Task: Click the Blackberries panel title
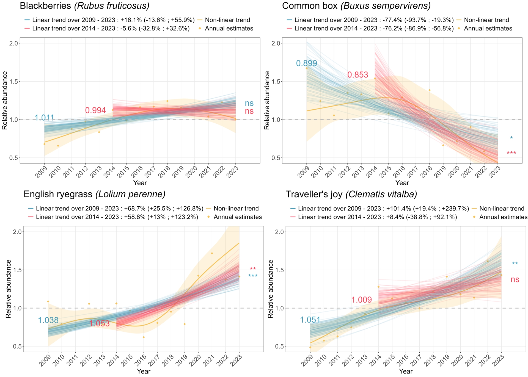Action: (x=84, y=6)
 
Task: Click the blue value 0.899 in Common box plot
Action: (x=306, y=63)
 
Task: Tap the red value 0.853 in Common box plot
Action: (x=358, y=75)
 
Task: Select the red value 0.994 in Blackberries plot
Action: (x=95, y=110)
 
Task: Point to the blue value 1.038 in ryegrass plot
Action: (x=48, y=320)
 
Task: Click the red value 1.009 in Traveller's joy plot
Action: (x=361, y=300)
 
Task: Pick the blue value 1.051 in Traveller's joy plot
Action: (x=310, y=320)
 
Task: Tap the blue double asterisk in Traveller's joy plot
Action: (x=515, y=264)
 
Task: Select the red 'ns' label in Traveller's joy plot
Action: (x=515, y=280)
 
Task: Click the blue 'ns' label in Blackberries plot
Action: (x=249, y=103)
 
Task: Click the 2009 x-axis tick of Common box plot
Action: (x=304, y=172)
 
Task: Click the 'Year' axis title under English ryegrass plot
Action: (x=144, y=372)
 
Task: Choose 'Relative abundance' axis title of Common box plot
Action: (x=267, y=100)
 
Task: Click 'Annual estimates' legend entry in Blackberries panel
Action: (x=229, y=29)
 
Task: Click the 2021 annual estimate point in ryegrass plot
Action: (x=212, y=253)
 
